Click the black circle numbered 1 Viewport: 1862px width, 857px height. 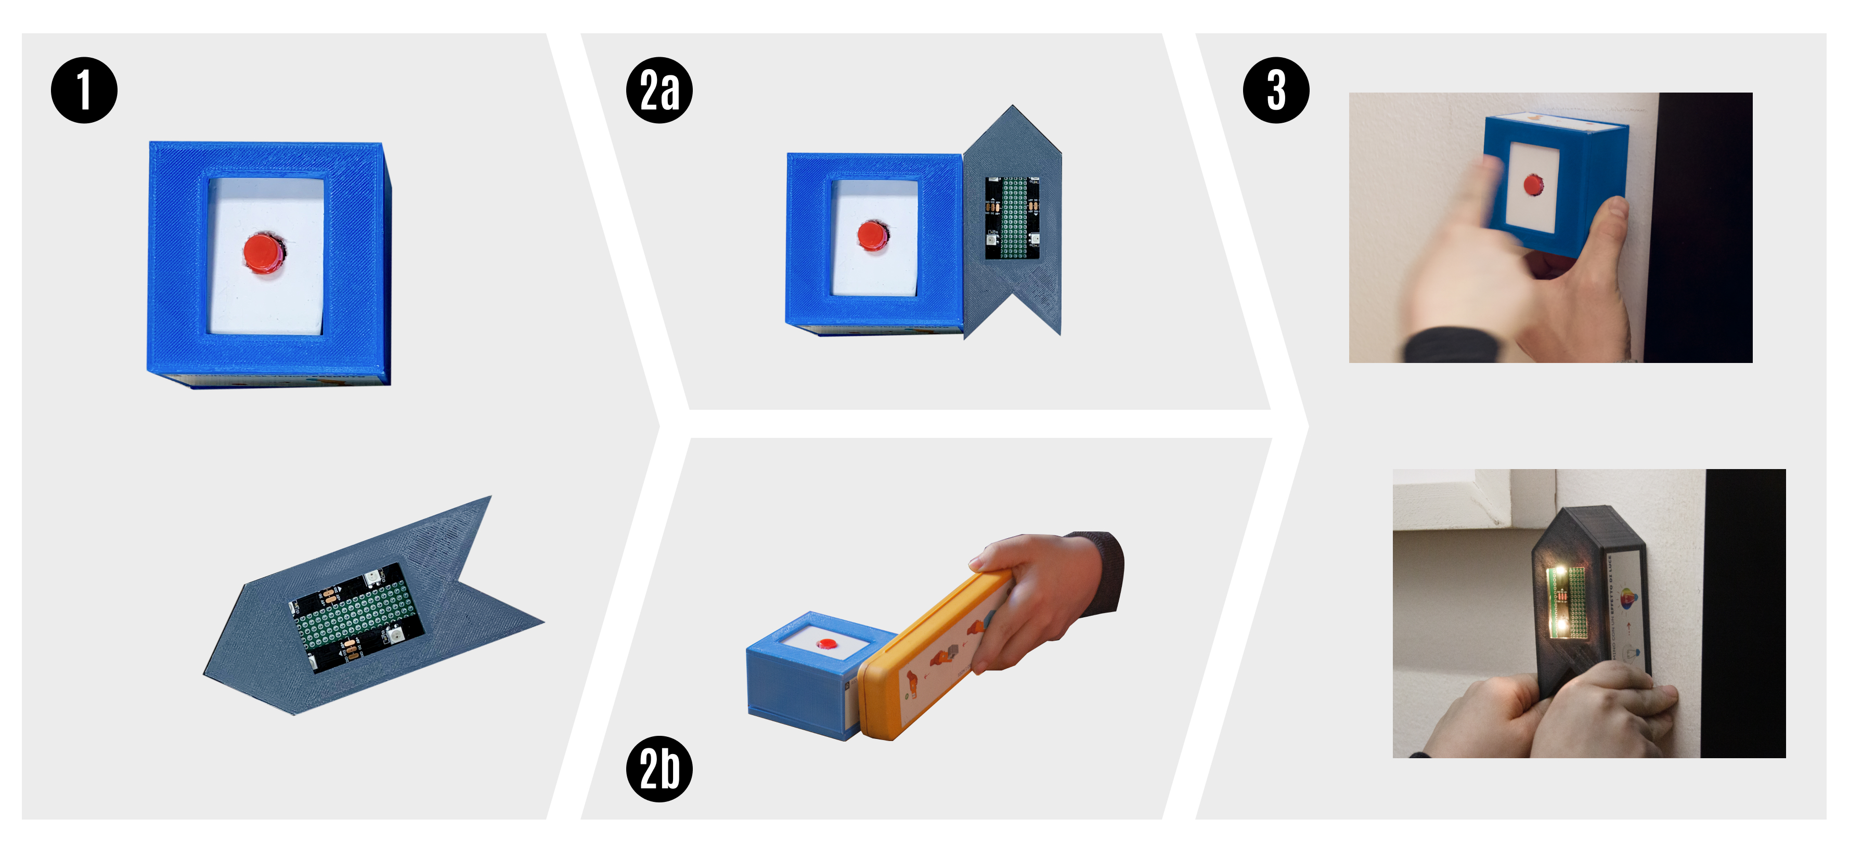tap(84, 90)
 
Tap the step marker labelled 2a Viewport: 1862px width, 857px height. tap(659, 90)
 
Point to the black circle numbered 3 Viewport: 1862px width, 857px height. tap(1276, 90)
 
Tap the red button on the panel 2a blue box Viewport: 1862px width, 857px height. tap(872, 236)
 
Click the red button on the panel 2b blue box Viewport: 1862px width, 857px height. tap(826, 644)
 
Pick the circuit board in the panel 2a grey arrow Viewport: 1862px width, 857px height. tap(1012, 217)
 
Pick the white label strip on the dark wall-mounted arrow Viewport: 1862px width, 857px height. tap(1630, 607)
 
